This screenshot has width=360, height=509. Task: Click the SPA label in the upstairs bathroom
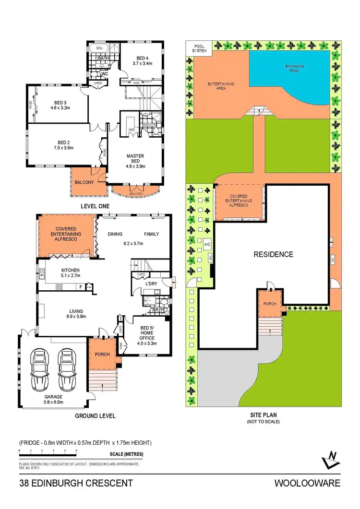[x=99, y=48]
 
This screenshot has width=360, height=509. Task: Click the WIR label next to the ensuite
[x=132, y=130]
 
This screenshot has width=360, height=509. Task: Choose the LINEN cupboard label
[x=98, y=82]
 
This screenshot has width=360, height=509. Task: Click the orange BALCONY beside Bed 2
[x=84, y=182]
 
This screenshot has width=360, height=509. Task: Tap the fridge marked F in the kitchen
[x=80, y=287]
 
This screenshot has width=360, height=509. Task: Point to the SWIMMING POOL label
[x=294, y=69]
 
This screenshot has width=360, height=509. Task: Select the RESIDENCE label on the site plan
[x=273, y=254]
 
